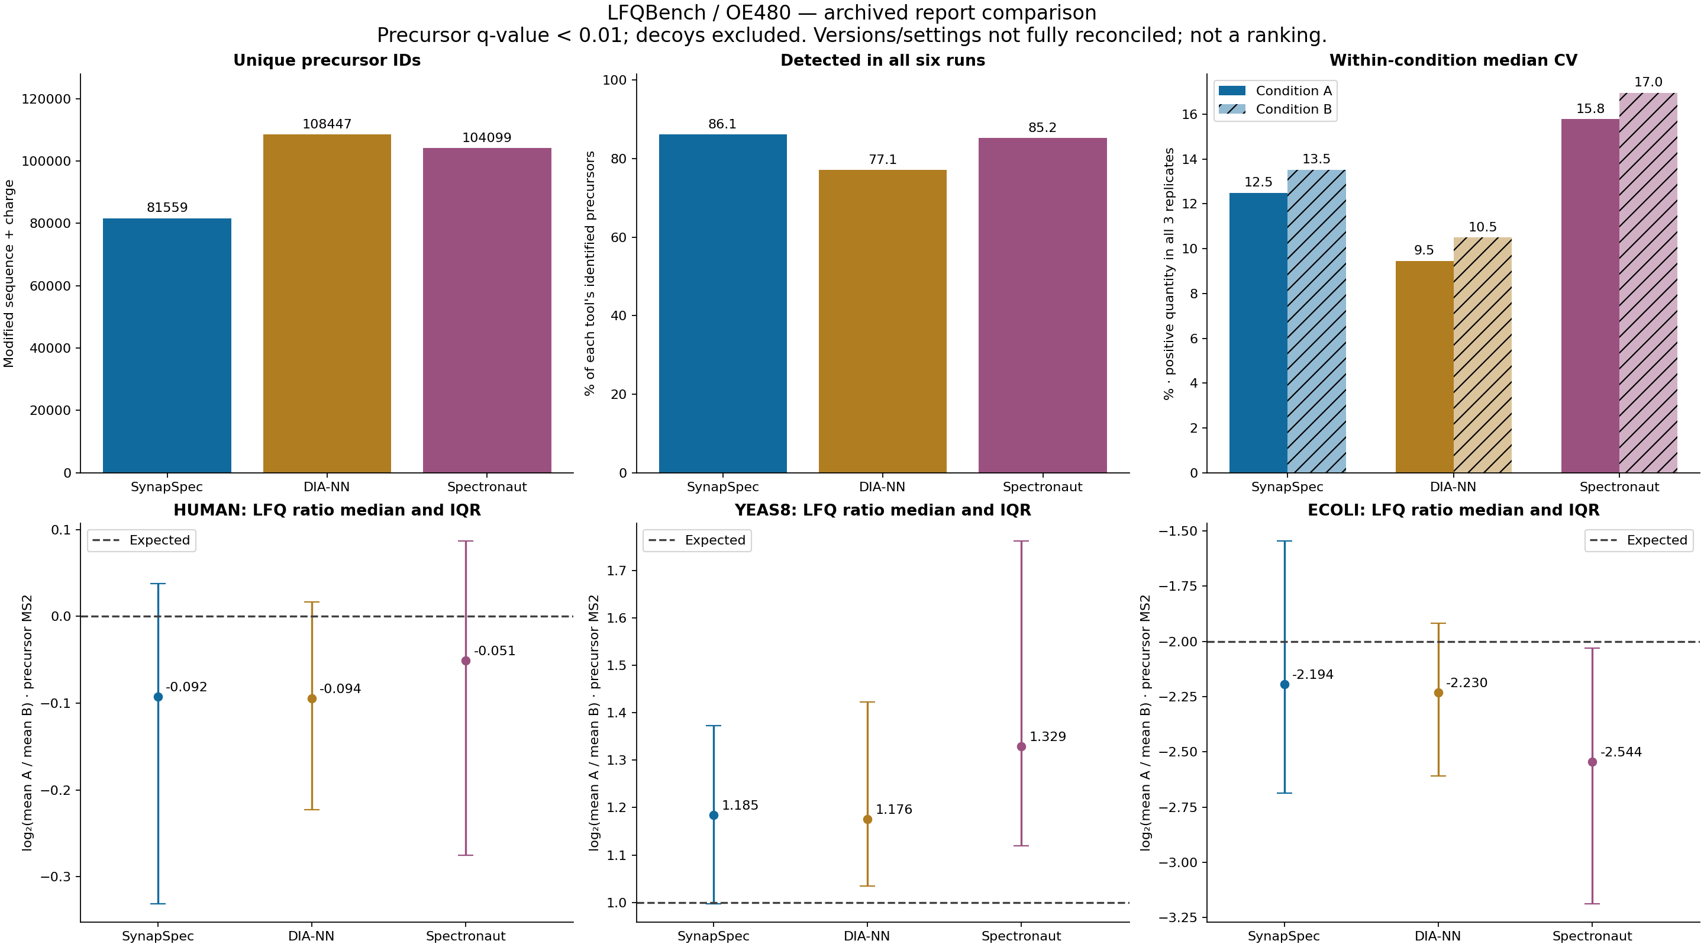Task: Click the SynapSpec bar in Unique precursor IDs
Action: click(x=167, y=346)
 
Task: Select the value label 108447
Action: click(x=327, y=124)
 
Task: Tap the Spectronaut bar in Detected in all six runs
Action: click(x=1043, y=305)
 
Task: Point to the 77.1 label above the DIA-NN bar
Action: click(x=882, y=159)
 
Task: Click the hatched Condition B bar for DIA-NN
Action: click(x=1482, y=355)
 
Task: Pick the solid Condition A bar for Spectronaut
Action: click(x=1590, y=296)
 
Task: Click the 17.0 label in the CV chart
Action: click(x=1648, y=82)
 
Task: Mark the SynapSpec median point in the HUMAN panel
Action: click(x=158, y=697)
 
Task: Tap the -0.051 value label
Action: click(x=494, y=650)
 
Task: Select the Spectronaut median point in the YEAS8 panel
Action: click(x=1021, y=746)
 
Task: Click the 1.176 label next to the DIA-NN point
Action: click(x=893, y=809)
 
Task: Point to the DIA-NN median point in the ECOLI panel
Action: click(x=1438, y=693)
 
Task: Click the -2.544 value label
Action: click(x=1621, y=752)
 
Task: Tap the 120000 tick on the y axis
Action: click(x=46, y=99)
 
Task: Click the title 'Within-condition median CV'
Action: click(x=1453, y=60)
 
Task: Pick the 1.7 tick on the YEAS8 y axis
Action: click(x=617, y=571)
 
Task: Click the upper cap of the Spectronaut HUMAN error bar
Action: click(x=466, y=542)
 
